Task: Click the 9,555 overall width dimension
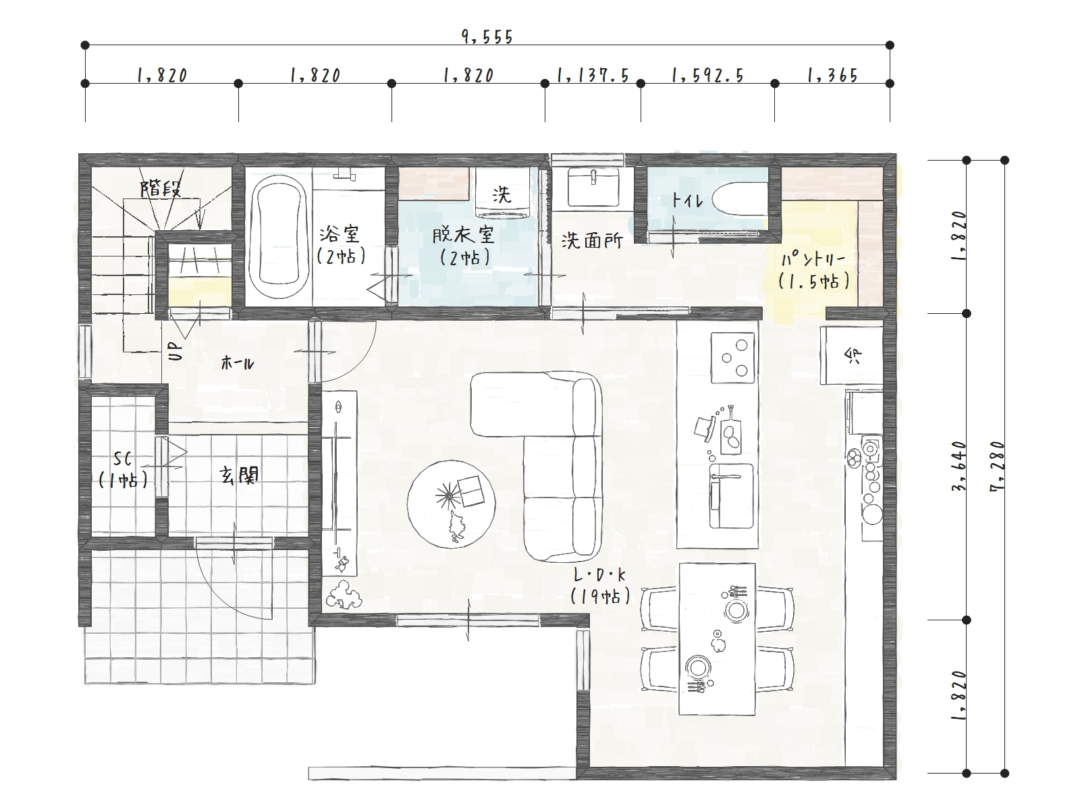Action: pyautogui.click(x=487, y=37)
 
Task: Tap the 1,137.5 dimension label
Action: pyautogui.click(x=593, y=75)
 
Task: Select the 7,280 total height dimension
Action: pyautogui.click(x=998, y=466)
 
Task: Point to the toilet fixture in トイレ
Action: pyautogui.click(x=740, y=199)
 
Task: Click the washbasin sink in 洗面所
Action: pyautogui.click(x=593, y=188)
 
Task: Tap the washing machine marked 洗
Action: pyautogui.click(x=502, y=192)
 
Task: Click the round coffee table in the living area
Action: pyautogui.click(x=451, y=504)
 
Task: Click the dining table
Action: pyautogui.click(x=717, y=639)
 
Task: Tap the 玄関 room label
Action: pyautogui.click(x=239, y=475)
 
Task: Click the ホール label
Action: pyautogui.click(x=238, y=363)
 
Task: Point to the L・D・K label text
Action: pyautogui.click(x=599, y=574)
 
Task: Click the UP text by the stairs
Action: pyautogui.click(x=175, y=352)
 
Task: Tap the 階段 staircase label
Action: pyautogui.click(x=161, y=188)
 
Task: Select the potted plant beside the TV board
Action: pyautogui.click(x=343, y=595)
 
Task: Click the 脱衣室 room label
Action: pyautogui.click(x=464, y=236)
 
